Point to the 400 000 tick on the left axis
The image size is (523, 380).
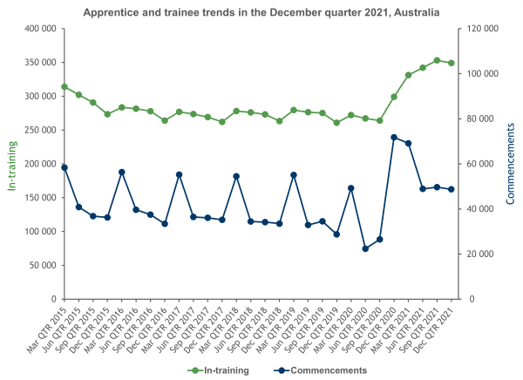[39, 29]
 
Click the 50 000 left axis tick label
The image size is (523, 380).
[42, 265]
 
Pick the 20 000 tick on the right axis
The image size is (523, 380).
[478, 254]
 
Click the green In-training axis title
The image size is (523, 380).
[12, 164]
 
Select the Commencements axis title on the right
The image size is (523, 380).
[510, 164]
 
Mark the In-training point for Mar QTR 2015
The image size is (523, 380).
[65, 86]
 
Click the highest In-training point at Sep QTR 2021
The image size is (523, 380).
[437, 60]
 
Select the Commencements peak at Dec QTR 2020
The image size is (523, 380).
[394, 137]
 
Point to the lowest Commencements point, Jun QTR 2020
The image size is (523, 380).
[365, 248]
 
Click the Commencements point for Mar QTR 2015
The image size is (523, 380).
[65, 167]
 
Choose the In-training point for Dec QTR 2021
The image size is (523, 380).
[451, 63]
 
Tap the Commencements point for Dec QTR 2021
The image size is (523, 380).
[451, 189]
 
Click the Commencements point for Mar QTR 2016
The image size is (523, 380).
[121, 172]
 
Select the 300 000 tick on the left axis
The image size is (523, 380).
[39, 96]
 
